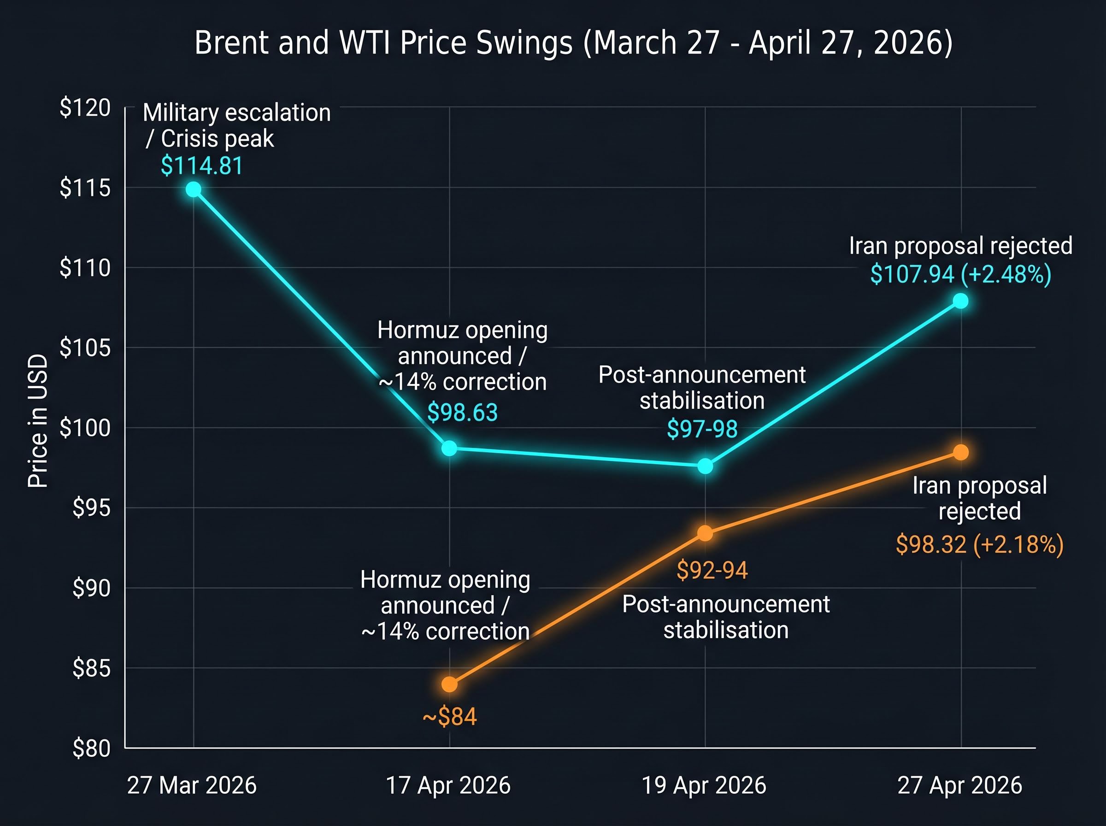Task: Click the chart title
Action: coord(573,43)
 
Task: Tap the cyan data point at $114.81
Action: coord(194,189)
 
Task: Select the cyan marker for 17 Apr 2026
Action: coord(449,448)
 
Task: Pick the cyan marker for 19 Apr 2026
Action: coord(705,466)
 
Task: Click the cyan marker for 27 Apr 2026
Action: coord(960,301)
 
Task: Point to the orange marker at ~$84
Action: coord(449,684)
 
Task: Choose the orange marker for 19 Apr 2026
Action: coord(705,533)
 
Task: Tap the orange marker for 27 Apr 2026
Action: coord(960,452)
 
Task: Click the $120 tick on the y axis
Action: coord(85,108)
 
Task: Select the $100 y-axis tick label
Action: coord(85,428)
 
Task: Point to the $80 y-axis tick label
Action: coord(91,749)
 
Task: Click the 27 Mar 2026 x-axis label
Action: coord(192,785)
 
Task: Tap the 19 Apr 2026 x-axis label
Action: coord(704,785)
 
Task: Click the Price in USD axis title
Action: coord(38,421)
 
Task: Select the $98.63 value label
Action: coord(462,413)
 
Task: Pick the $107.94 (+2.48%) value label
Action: coord(960,274)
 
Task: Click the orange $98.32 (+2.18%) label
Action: coord(980,544)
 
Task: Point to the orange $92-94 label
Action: coord(712,570)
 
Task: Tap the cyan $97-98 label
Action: coord(702,429)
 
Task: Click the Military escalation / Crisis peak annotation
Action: coord(236,125)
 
